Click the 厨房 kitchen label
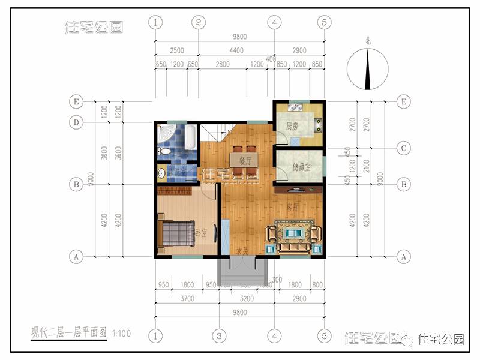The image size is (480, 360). point(292,127)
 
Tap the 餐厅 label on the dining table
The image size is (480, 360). point(244,160)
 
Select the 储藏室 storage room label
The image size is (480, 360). point(301,167)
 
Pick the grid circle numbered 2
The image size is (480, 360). point(199,23)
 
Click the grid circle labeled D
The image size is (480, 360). point(76,122)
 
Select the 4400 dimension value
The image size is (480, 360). point(236,50)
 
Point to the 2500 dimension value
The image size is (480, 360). point(176,50)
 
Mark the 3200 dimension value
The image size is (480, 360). point(246,296)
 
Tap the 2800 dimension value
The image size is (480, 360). point(223,64)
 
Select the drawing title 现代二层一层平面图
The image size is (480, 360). point(69,332)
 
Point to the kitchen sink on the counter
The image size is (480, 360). point(295,109)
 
